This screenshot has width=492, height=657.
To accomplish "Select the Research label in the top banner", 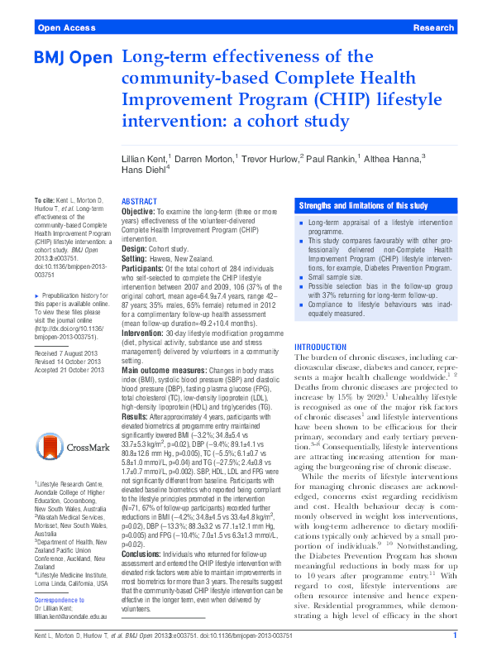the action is click(x=432, y=27).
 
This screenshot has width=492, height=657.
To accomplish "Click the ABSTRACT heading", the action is click(x=139, y=202).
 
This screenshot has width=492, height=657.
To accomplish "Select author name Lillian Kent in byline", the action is click(x=148, y=156).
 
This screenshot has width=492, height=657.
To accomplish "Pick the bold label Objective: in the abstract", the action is click(x=138, y=213).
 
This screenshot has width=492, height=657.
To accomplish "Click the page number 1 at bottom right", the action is click(x=456, y=635).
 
